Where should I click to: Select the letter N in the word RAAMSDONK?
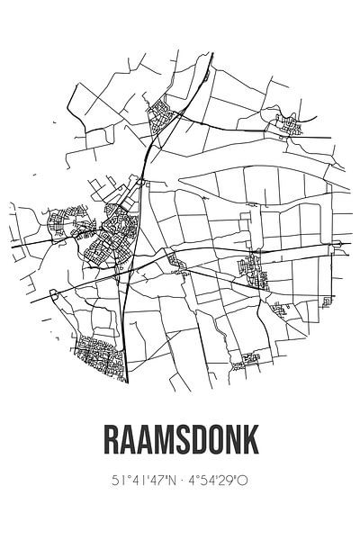tap(246, 442)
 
